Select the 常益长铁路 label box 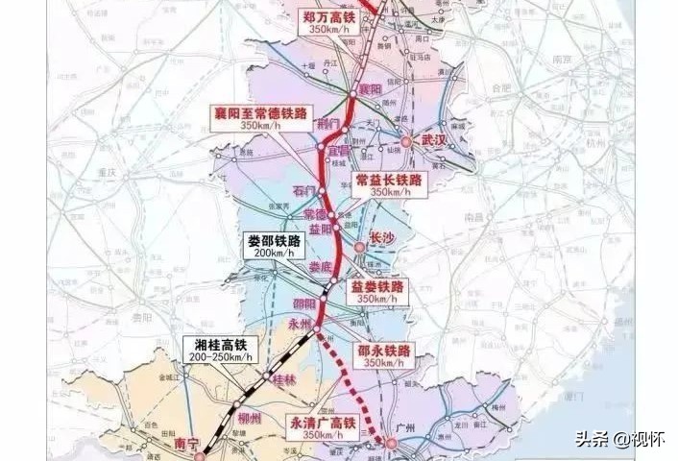(x=389, y=183)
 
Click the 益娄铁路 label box (x=377, y=291)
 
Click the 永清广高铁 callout (x=322, y=426)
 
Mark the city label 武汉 (x=434, y=140)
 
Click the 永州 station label (x=300, y=325)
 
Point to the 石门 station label (x=303, y=191)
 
